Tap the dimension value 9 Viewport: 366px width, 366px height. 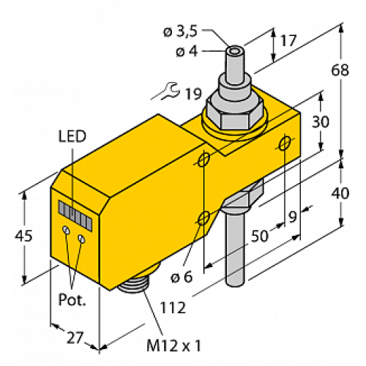click(x=293, y=217)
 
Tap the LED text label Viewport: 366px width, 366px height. click(x=72, y=137)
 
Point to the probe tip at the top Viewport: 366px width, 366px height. click(x=235, y=54)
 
